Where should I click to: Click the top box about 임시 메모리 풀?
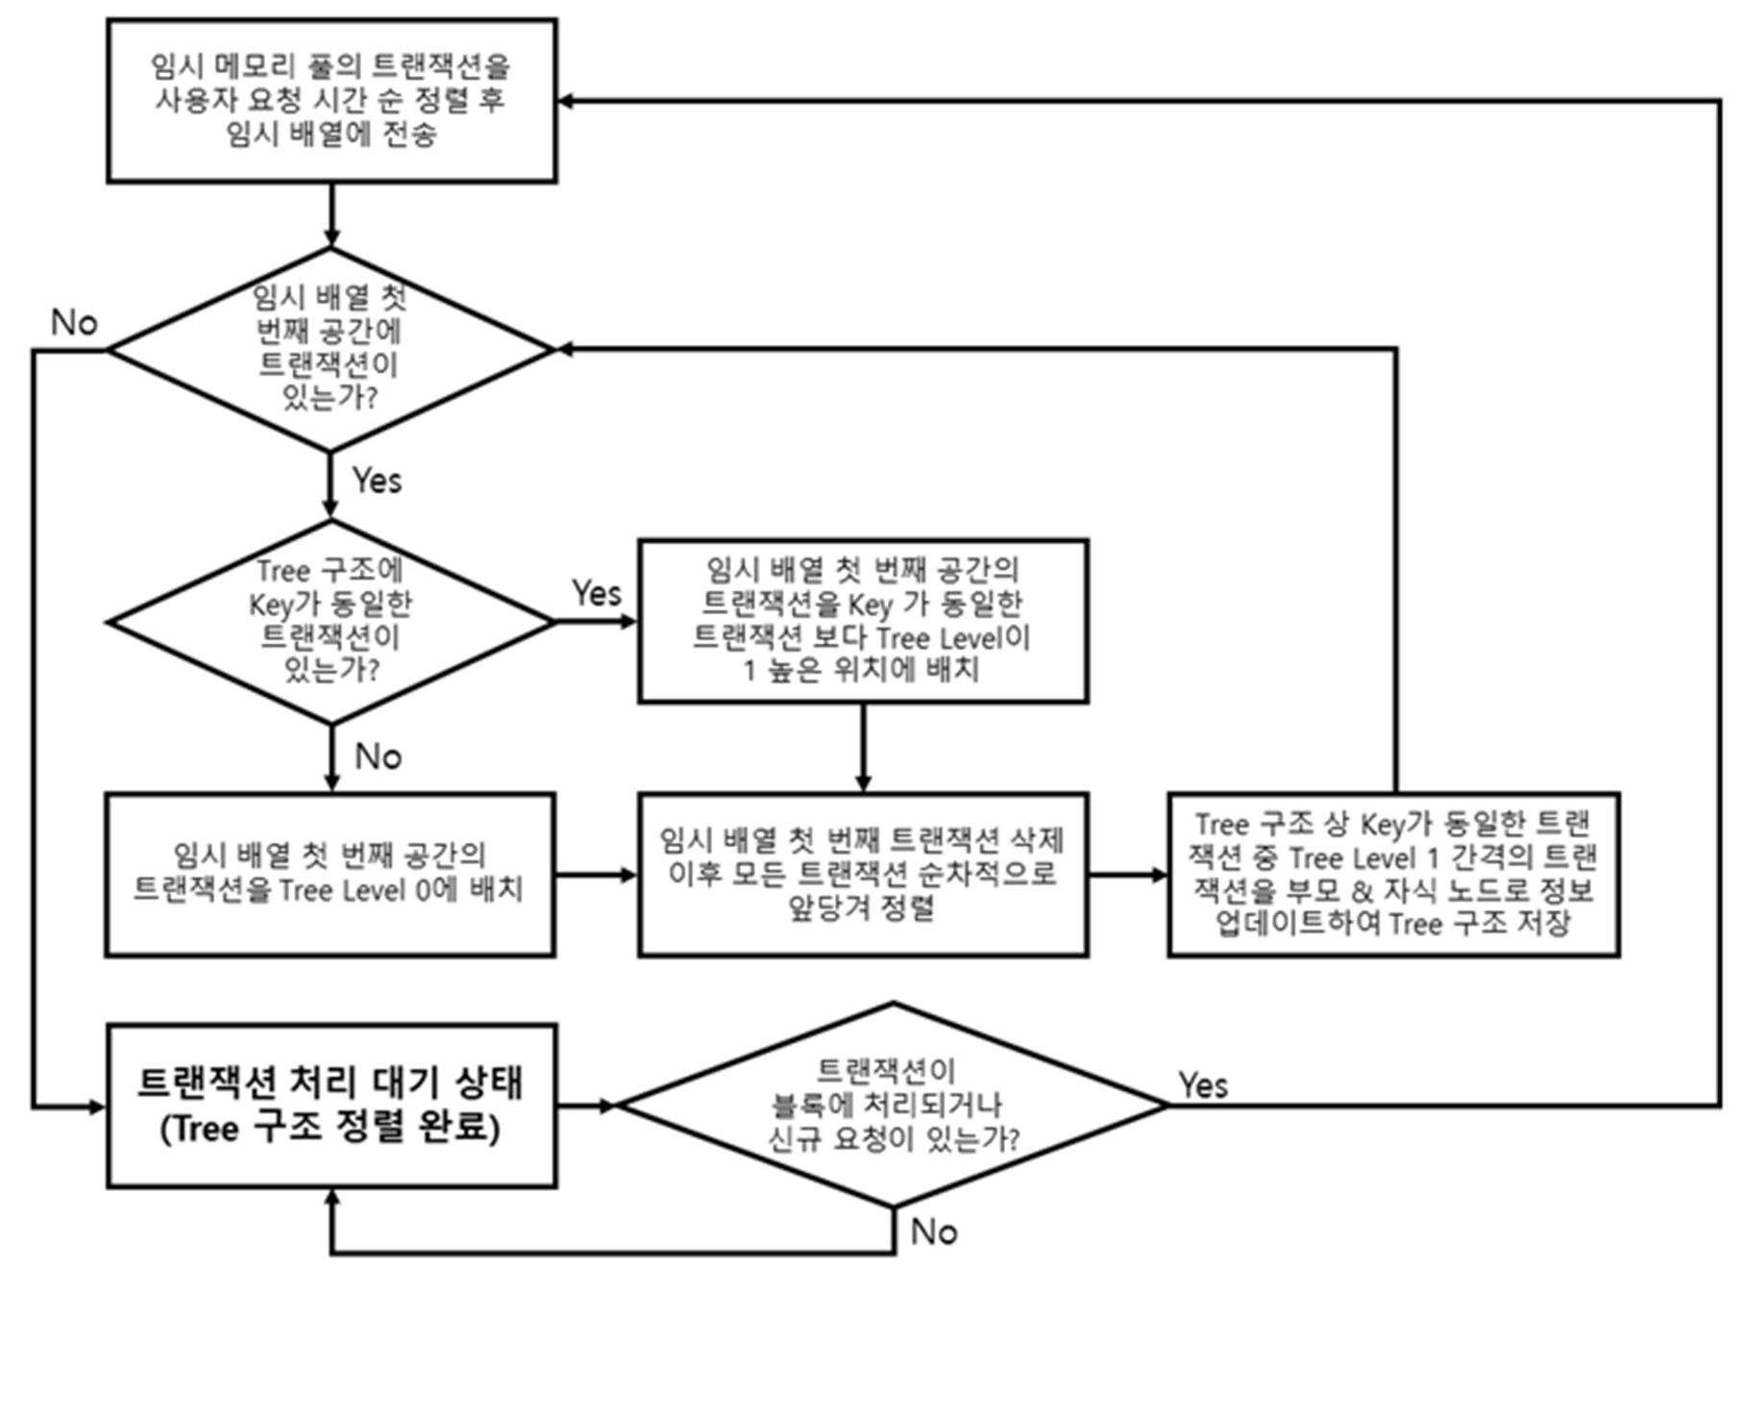[x=332, y=100]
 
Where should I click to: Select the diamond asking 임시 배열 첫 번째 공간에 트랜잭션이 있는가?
[x=332, y=349]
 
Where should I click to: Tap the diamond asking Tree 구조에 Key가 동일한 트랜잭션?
[x=332, y=622]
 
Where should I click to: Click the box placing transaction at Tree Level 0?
[x=330, y=875]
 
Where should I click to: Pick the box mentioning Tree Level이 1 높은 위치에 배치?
[x=863, y=621]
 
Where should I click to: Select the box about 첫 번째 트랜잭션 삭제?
[x=863, y=875]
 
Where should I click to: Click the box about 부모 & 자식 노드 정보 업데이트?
[x=1394, y=875]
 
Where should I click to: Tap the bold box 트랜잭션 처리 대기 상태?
[x=332, y=1105]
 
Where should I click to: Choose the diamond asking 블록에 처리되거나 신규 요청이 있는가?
[x=894, y=1105]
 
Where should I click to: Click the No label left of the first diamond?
[x=74, y=322]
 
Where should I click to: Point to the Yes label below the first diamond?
[x=377, y=480]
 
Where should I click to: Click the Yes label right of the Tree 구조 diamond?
[x=597, y=592]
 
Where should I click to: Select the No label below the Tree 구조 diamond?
[x=378, y=757]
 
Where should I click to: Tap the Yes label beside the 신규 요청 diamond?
[x=1203, y=1085]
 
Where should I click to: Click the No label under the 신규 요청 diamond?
[x=934, y=1231]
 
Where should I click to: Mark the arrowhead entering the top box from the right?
[x=566, y=101]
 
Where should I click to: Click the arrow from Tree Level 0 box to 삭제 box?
[x=597, y=875]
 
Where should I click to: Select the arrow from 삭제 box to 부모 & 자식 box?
[x=1129, y=875]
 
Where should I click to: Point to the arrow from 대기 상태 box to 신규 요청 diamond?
[x=587, y=1105]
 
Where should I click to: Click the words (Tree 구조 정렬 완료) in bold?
[x=331, y=1128]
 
